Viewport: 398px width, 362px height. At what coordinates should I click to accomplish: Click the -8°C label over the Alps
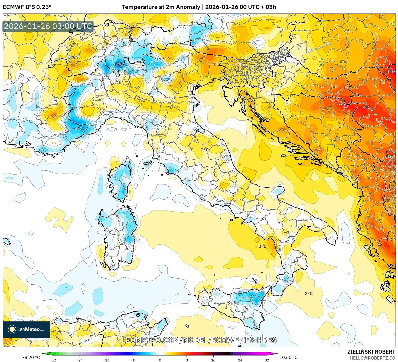point(118,64)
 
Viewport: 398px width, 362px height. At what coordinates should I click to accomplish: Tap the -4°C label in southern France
point(78,129)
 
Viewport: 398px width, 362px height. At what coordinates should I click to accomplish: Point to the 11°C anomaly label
point(389,71)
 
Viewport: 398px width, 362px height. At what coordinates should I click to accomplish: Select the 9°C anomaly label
point(366,107)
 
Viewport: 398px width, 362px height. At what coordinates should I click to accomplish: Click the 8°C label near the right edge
point(389,157)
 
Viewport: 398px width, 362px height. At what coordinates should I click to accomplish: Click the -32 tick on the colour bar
point(53,360)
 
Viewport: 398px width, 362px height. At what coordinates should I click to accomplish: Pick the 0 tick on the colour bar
point(160,360)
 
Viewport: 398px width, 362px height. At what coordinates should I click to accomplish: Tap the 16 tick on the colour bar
point(213,360)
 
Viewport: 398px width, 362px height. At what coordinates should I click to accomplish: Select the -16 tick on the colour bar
point(106,360)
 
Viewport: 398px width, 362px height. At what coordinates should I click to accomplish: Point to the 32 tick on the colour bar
point(267,360)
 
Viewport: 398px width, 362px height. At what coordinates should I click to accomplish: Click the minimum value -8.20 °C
point(31,357)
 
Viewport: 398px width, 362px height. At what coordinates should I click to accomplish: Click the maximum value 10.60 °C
point(288,357)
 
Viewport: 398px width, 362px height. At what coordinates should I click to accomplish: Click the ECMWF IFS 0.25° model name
point(27,7)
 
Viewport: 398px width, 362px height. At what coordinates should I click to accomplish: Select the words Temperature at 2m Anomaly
point(161,7)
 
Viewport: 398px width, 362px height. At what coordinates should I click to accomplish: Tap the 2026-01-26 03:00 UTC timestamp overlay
point(48,26)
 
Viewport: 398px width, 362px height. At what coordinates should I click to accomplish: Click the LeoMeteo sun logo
point(12,329)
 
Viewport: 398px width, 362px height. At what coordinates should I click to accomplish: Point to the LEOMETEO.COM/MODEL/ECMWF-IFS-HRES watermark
point(199,340)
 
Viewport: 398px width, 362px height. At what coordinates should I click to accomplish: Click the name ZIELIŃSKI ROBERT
point(371,352)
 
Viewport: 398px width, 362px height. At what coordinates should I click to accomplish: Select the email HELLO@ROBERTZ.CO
point(372,358)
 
